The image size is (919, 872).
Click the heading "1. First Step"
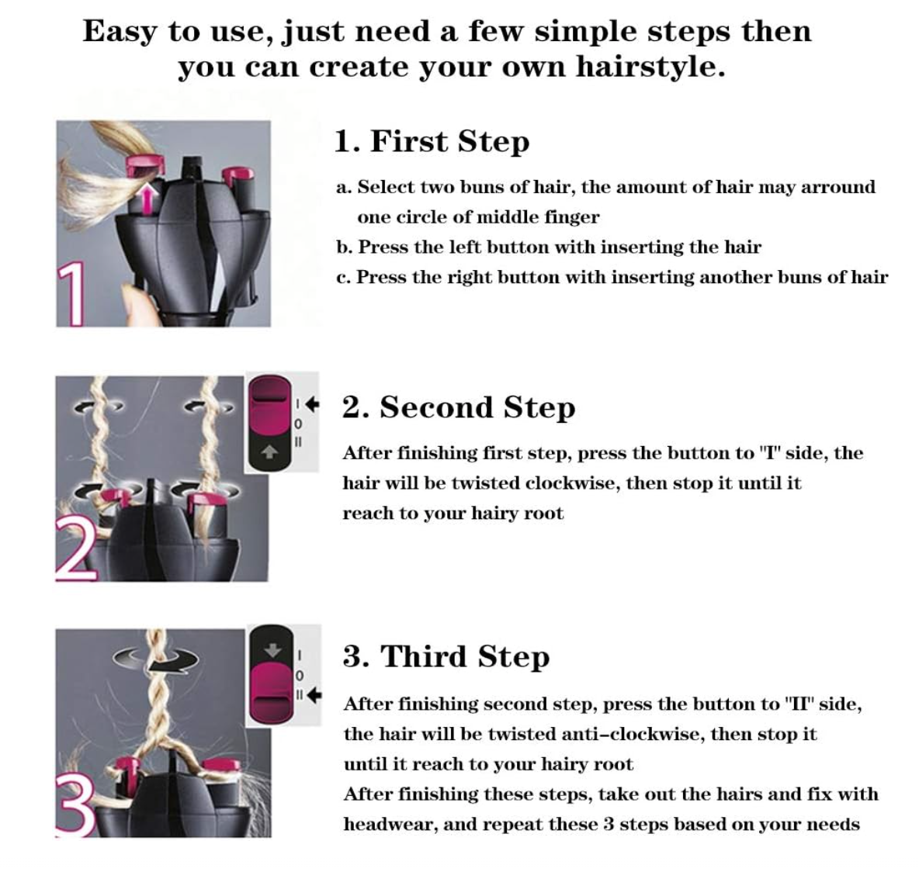432,142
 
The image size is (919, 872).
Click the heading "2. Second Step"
458,407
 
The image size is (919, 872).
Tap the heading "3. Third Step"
446,656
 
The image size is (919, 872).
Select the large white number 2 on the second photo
76,550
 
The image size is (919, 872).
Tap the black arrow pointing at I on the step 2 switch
312,404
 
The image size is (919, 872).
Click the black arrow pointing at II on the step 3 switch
314,695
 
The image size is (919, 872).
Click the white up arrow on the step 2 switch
269,452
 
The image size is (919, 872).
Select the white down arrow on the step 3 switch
272,650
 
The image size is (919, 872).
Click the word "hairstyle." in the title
650,67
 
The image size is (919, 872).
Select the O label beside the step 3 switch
300,675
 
